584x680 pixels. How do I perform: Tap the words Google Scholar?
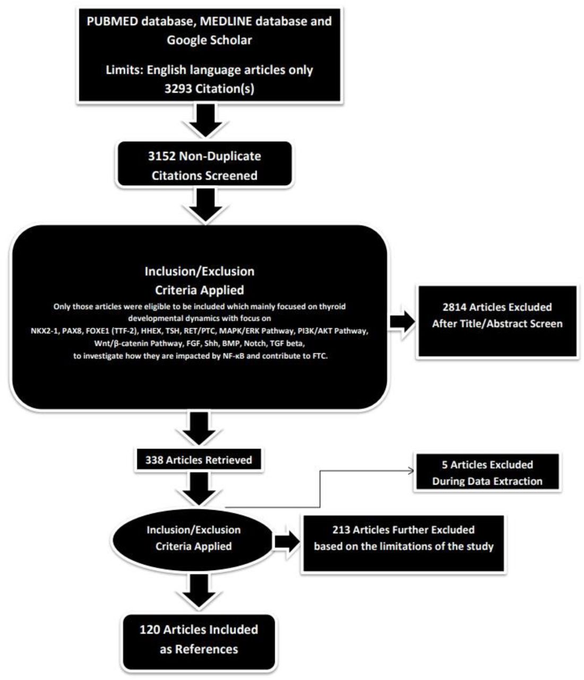point(209,40)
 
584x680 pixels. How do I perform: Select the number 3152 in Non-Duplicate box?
point(161,156)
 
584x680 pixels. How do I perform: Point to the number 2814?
point(454,307)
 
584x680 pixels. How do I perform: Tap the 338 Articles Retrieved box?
point(199,460)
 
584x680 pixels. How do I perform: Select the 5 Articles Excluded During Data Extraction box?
point(487,473)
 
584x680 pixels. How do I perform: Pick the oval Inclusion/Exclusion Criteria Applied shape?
point(193,538)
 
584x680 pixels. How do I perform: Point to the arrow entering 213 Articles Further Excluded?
point(287,541)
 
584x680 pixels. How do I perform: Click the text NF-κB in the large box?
point(233,356)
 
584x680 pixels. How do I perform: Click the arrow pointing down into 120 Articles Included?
point(199,591)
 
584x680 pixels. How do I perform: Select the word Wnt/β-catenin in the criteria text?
point(117,344)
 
